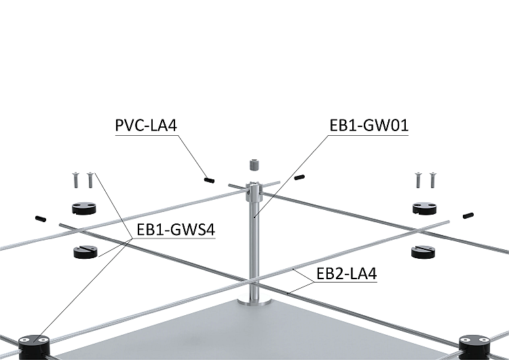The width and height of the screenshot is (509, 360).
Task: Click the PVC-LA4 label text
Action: tap(146, 126)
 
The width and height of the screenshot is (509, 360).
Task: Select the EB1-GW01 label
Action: tap(369, 126)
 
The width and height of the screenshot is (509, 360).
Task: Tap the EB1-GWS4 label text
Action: tap(176, 230)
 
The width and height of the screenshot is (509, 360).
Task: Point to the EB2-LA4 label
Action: tap(347, 274)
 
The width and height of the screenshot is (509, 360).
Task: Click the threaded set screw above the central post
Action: tap(254, 165)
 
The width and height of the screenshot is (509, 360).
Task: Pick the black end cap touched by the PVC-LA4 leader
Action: tap(210, 180)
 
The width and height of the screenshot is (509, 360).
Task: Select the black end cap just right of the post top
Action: tap(299, 177)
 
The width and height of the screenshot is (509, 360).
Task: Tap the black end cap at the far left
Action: tap(41, 219)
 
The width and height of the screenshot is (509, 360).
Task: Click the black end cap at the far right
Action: tap(468, 215)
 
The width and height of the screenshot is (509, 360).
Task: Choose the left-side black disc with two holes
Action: tap(83, 208)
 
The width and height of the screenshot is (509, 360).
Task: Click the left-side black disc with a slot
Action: tap(86, 252)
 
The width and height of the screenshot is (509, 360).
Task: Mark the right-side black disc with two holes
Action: tap(425, 208)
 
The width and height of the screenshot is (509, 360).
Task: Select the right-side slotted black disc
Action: tap(423, 252)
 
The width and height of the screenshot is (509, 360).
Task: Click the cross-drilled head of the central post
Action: tap(254, 192)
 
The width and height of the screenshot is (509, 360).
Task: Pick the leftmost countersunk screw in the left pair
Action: tap(76, 180)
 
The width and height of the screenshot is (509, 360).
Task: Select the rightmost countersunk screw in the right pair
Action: tap(432, 180)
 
